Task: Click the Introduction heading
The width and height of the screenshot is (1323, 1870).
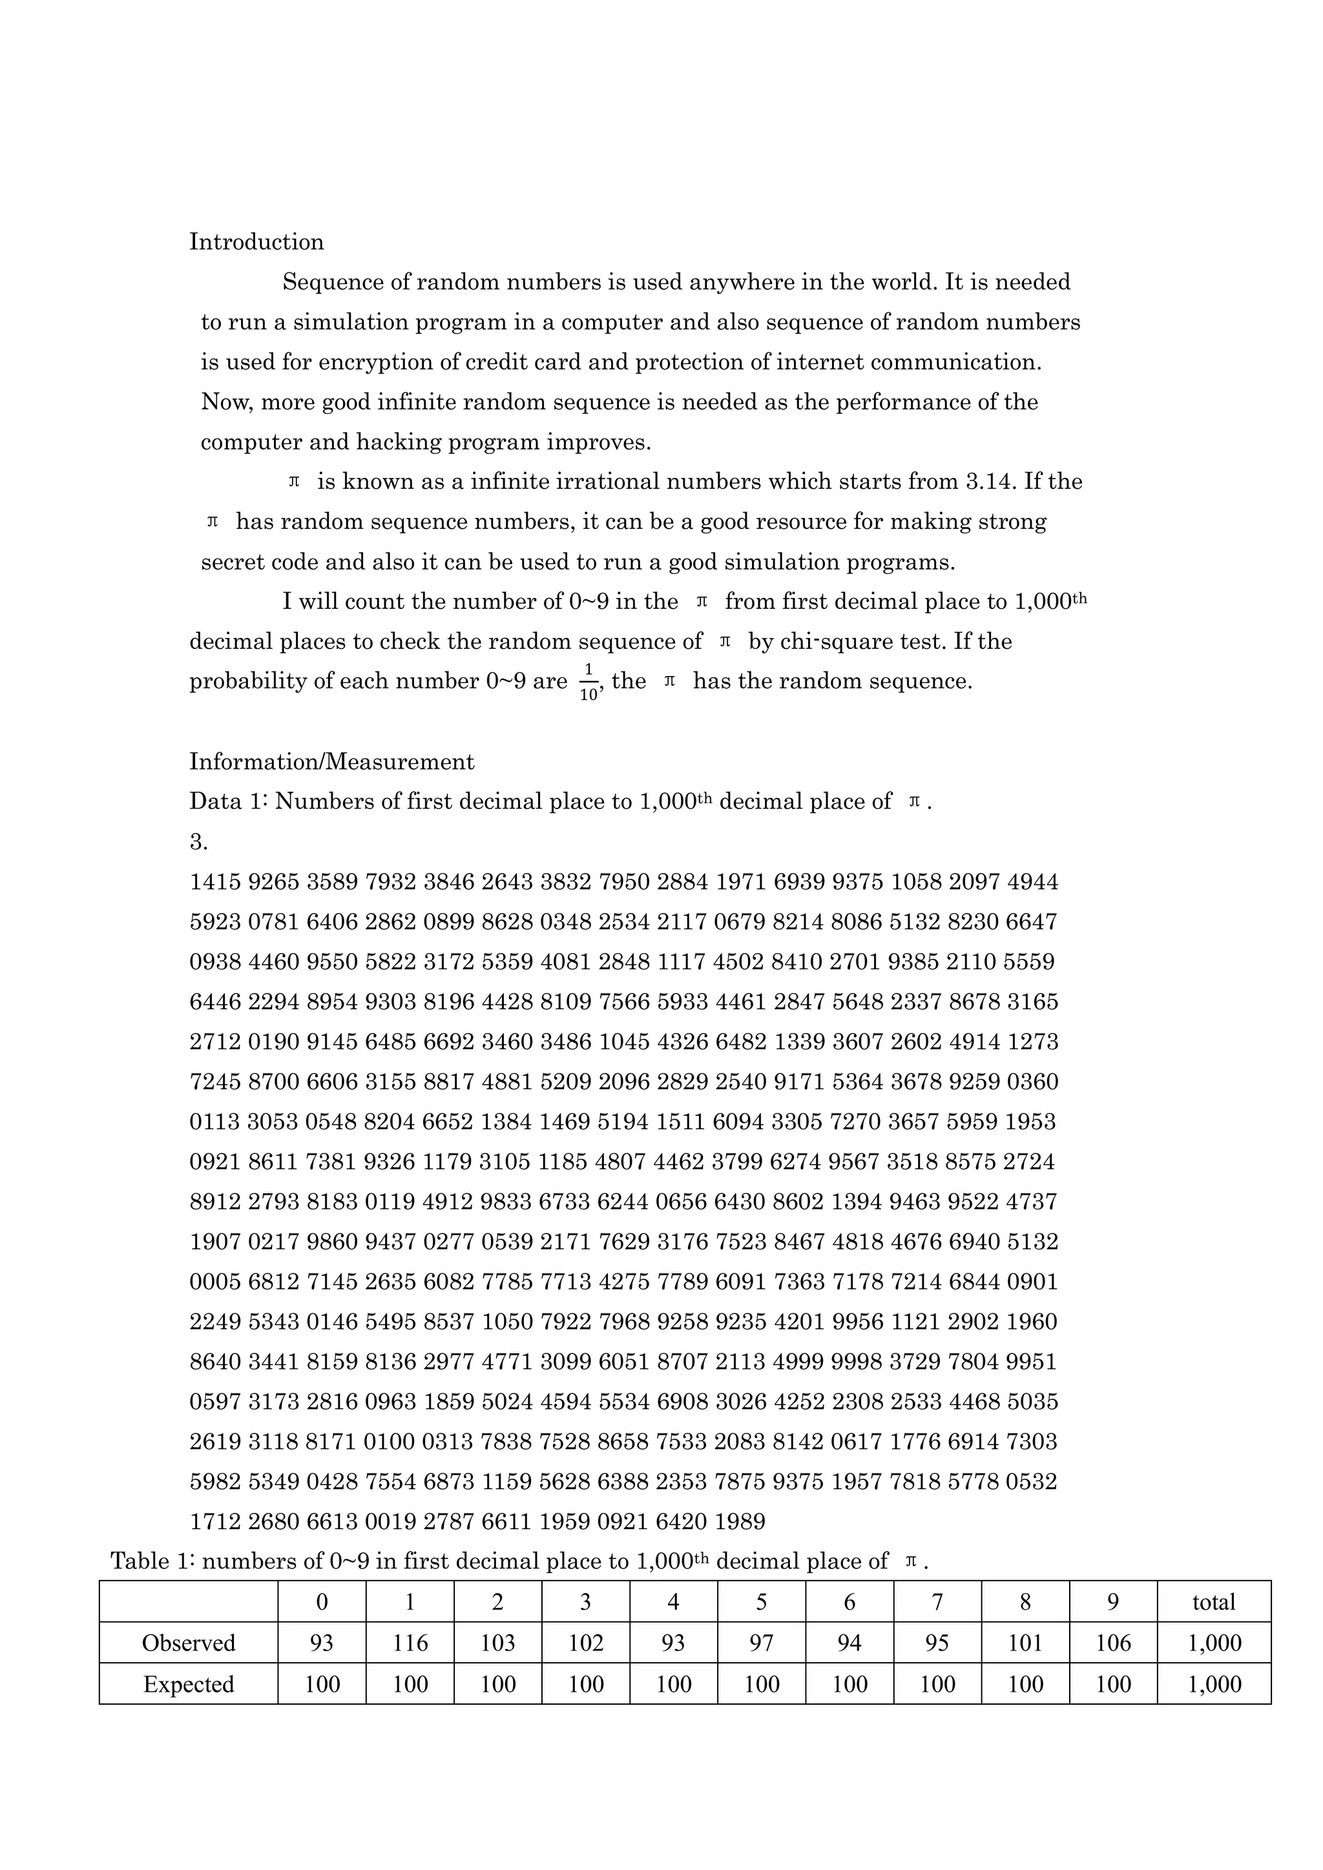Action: click(256, 242)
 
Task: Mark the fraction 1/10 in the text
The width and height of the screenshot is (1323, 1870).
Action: click(589, 683)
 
